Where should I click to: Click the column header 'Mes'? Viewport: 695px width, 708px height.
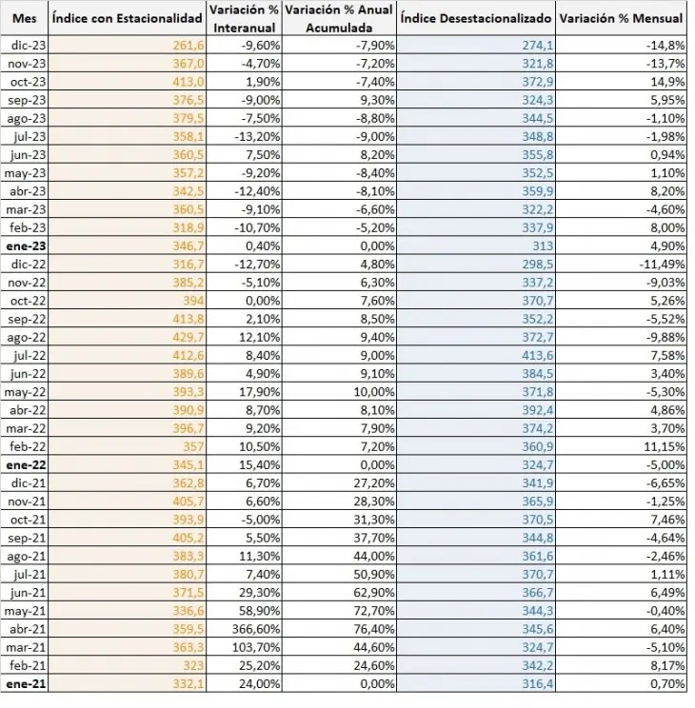[x=25, y=18]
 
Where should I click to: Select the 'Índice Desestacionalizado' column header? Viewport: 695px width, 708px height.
[x=476, y=18]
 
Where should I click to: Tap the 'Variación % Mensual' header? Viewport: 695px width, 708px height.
[x=621, y=18]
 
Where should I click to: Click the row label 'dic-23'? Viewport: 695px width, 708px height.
[x=29, y=46]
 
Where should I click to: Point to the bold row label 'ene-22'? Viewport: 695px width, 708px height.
[x=27, y=465]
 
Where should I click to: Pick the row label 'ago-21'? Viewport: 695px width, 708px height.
[x=27, y=557]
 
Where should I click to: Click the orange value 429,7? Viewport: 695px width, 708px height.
[x=189, y=337]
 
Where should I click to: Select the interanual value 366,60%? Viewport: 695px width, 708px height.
[x=256, y=629]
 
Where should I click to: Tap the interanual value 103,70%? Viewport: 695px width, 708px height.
[x=256, y=647]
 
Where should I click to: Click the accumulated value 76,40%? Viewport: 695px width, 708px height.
[x=374, y=629]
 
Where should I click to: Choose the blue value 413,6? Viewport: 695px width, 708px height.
[x=538, y=356]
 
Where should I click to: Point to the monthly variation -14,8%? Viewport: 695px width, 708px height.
[x=665, y=46]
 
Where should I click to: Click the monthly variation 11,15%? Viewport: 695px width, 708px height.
[x=665, y=447]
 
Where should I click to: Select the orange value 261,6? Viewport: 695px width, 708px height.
[x=189, y=46]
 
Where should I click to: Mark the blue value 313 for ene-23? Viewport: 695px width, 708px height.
[x=543, y=246]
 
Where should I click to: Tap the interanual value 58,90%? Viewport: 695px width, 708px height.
[x=260, y=611]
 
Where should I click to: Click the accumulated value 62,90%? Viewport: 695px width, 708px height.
[x=374, y=593]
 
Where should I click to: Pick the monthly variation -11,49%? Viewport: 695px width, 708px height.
[x=662, y=265]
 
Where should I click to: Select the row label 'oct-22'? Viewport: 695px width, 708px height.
[x=28, y=301]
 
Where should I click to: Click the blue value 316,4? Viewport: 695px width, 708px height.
[x=538, y=684]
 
